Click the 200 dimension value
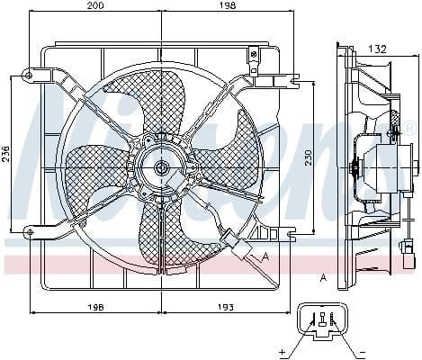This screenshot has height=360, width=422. [x=95, y=6]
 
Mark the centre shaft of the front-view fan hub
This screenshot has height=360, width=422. [x=160, y=166]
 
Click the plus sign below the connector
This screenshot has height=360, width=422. [x=283, y=350]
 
